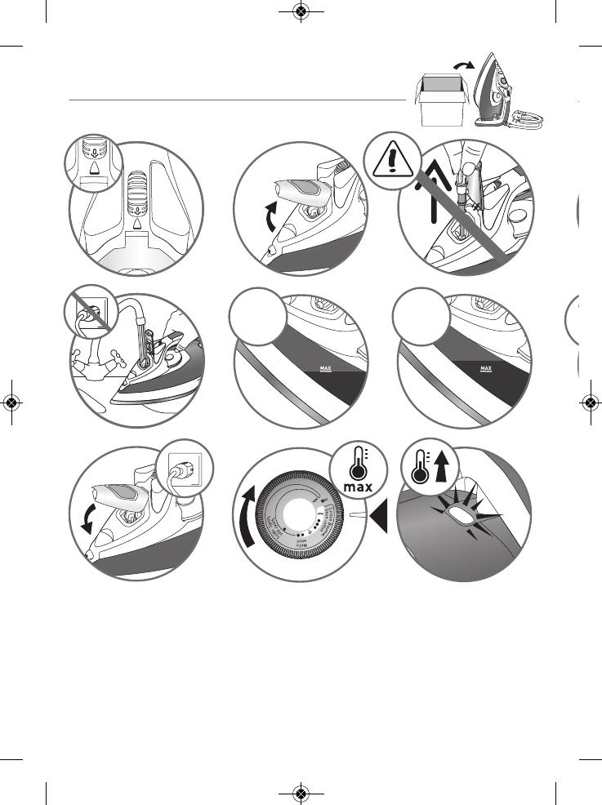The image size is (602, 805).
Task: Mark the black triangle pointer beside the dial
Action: point(377,516)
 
